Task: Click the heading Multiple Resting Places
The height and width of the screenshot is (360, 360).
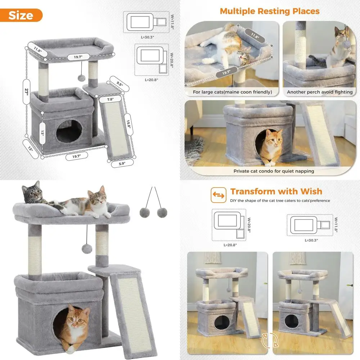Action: pyautogui.click(x=270, y=11)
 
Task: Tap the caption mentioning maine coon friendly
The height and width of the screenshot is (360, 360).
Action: pyautogui.click(x=232, y=92)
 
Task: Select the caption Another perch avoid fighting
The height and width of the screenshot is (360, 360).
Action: pyautogui.click(x=319, y=92)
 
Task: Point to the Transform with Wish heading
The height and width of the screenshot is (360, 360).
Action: pyautogui.click(x=276, y=191)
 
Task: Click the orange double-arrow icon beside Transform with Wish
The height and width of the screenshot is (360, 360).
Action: pyautogui.click(x=217, y=194)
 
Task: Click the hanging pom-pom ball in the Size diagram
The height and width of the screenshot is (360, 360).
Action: pyautogui.click(x=82, y=78)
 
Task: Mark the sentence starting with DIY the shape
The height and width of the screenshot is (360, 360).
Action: pyautogui.click(x=280, y=201)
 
